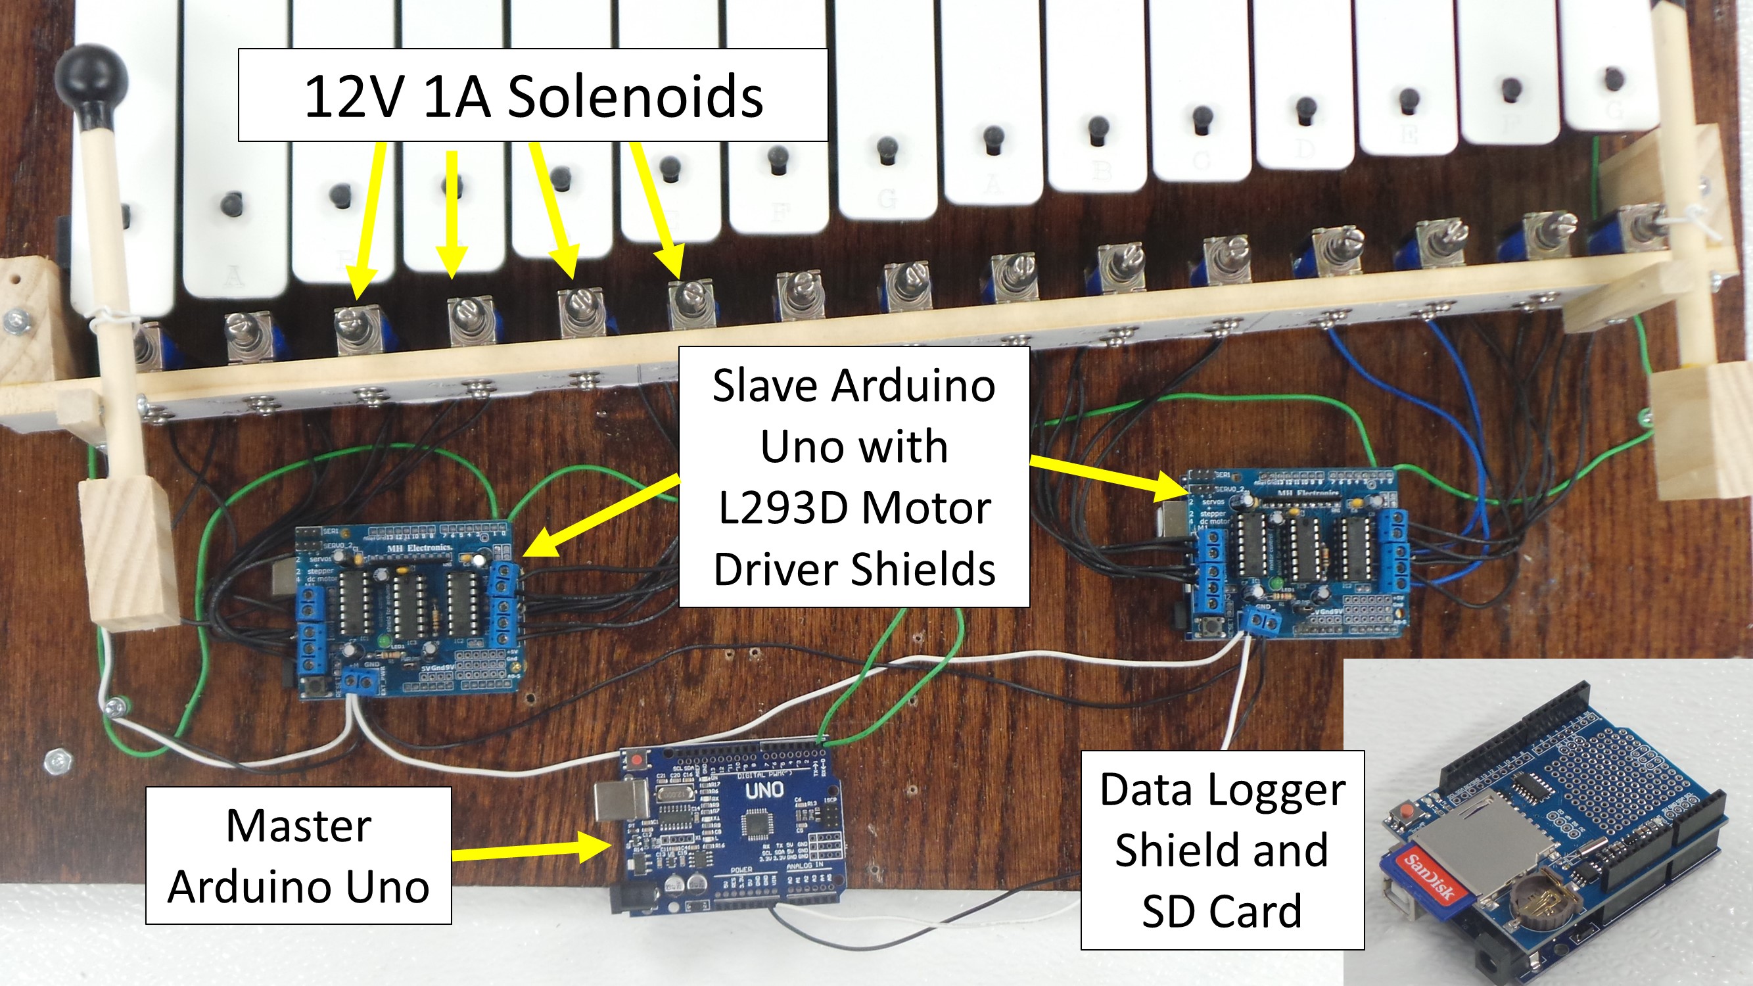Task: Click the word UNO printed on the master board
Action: tap(764, 791)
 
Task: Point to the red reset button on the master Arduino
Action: tap(637, 759)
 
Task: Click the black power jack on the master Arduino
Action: tap(634, 898)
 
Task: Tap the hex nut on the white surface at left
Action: tap(58, 761)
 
